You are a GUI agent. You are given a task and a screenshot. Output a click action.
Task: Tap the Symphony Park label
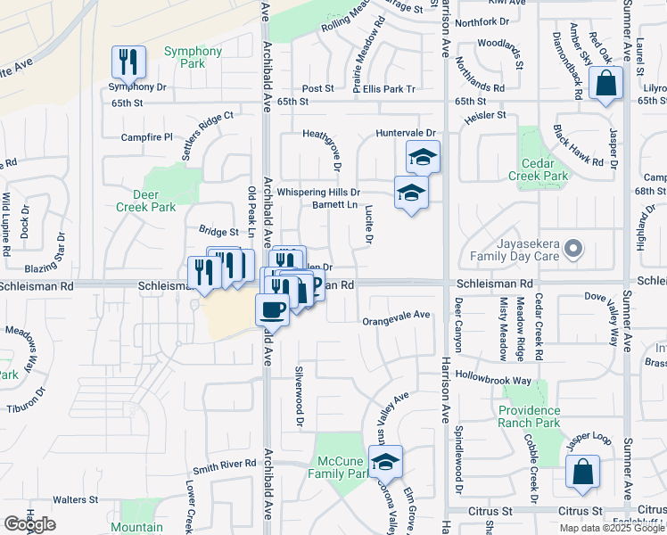(193, 57)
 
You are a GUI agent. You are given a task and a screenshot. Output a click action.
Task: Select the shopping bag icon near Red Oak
(605, 84)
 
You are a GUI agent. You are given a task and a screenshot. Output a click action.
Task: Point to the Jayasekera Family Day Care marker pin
(574, 249)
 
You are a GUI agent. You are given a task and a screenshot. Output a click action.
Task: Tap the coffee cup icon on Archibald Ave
(272, 310)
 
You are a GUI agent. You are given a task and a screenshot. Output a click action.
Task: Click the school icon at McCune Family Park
(385, 463)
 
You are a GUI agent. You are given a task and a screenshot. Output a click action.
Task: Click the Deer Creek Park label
(146, 200)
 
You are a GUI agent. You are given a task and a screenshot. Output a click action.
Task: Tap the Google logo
(29, 524)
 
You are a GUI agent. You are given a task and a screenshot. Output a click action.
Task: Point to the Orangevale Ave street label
(397, 315)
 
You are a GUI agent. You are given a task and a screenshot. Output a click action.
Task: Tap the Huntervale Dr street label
(406, 133)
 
